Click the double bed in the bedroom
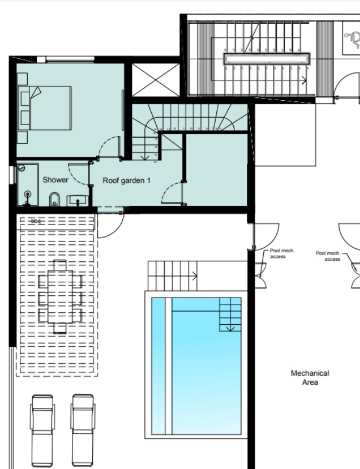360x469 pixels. (48, 107)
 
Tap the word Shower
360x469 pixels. (55, 180)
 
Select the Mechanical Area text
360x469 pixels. (310, 378)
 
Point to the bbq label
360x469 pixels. (36, 221)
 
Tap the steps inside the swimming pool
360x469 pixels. (230, 315)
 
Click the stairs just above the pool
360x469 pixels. (172, 275)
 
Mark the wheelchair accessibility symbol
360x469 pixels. (352, 38)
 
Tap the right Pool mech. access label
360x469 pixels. (328, 256)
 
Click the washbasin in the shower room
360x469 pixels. (78, 199)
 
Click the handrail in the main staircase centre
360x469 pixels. (267, 58)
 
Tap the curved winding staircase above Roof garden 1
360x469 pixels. (192, 118)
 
